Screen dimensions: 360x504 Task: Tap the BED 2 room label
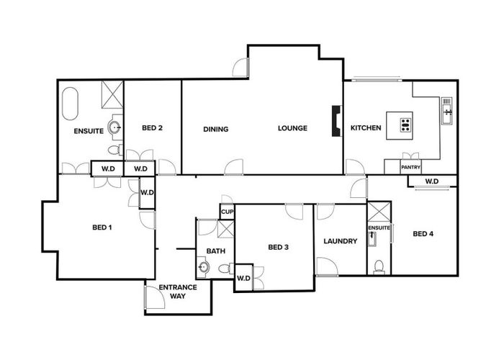(152, 128)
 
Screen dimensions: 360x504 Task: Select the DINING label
(216, 129)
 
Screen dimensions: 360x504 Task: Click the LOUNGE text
(293, 128)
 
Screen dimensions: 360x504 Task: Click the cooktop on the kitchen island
(405, 125)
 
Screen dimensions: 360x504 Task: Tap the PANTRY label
(410, 167)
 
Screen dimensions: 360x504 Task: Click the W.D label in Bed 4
(432, 181)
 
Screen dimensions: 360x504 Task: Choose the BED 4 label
(423, 233)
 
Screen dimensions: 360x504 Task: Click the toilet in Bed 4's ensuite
(379, 266)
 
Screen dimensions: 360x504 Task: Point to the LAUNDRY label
(341, 241)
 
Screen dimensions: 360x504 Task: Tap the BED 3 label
(278, 247)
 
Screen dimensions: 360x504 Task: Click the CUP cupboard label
(227, 212)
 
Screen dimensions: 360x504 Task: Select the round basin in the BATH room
(204, 268)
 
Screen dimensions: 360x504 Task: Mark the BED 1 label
(102, 228)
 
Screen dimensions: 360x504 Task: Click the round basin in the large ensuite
(114, 127)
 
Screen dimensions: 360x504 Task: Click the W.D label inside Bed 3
(243, 278)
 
